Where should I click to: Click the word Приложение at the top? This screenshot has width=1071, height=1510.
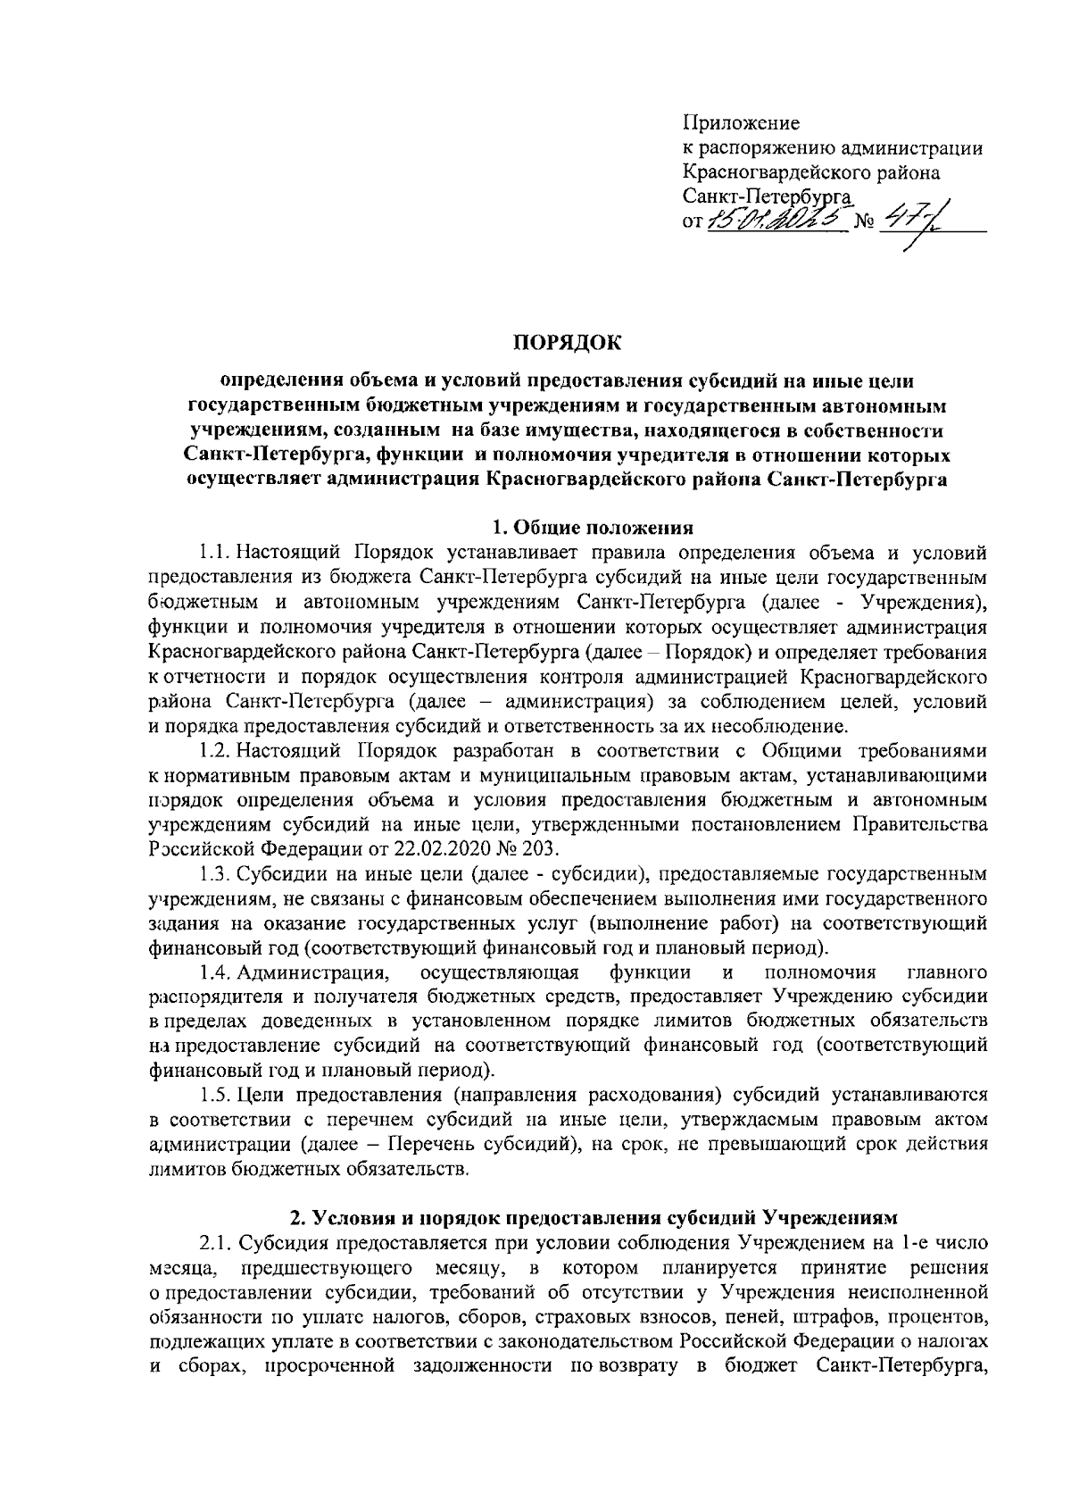741,123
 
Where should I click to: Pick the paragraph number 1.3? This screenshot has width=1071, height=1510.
219,872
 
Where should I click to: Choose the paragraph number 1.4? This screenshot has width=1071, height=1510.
219,972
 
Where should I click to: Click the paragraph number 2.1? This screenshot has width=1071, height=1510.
219,1243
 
